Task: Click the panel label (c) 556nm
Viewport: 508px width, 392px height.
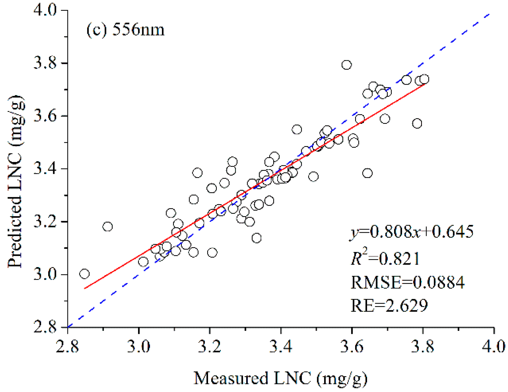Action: [x=125, y=30]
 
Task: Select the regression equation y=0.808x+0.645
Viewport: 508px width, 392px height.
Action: [x=411, y=232]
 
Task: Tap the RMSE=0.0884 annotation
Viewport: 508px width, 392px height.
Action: [x=407, y=282]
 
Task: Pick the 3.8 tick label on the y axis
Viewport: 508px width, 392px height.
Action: [x=45, y=63]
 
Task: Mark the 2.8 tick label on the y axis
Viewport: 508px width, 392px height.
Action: [x=45, y=327]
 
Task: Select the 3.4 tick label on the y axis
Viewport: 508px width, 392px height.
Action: [x=45, y=169]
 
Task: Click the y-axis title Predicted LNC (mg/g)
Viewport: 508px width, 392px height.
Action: [x=15, y=181]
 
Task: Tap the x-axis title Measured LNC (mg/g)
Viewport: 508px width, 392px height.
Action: [x=280, y=378]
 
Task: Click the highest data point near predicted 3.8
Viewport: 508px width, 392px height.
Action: [x=346, y=65]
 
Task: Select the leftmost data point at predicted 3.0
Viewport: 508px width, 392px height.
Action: [x=84, y=274]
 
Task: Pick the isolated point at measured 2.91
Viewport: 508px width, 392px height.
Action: [x=108, y=226]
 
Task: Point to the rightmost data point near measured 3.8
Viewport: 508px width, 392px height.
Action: [x=424, y=79]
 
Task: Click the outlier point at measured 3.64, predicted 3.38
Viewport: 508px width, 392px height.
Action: [x=367, y=173]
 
